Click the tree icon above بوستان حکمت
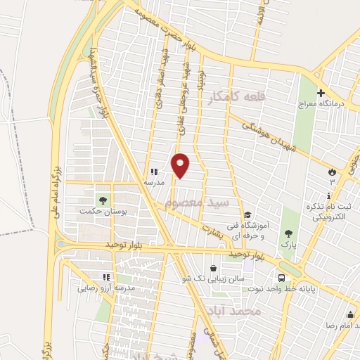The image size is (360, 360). click(x=103, y=200)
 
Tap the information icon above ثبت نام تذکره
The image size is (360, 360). click(x=328, y=195)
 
